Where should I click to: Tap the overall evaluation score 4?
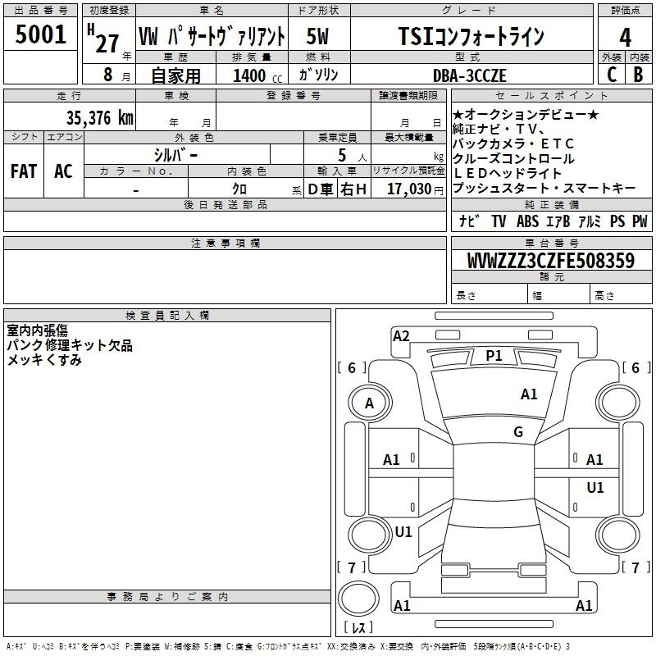point(626,38)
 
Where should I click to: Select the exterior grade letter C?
point(611,75)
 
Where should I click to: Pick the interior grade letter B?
point(639,75)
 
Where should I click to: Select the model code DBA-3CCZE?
point(470,75)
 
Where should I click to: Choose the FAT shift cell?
point(23,171)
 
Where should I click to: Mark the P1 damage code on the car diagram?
point(494,355)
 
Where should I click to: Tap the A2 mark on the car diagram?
point(401,335)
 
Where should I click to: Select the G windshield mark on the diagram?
point(517,432)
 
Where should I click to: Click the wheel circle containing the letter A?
point(369,403)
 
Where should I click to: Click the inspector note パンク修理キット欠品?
point(70,345)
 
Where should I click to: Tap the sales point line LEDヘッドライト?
point(508,174)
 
